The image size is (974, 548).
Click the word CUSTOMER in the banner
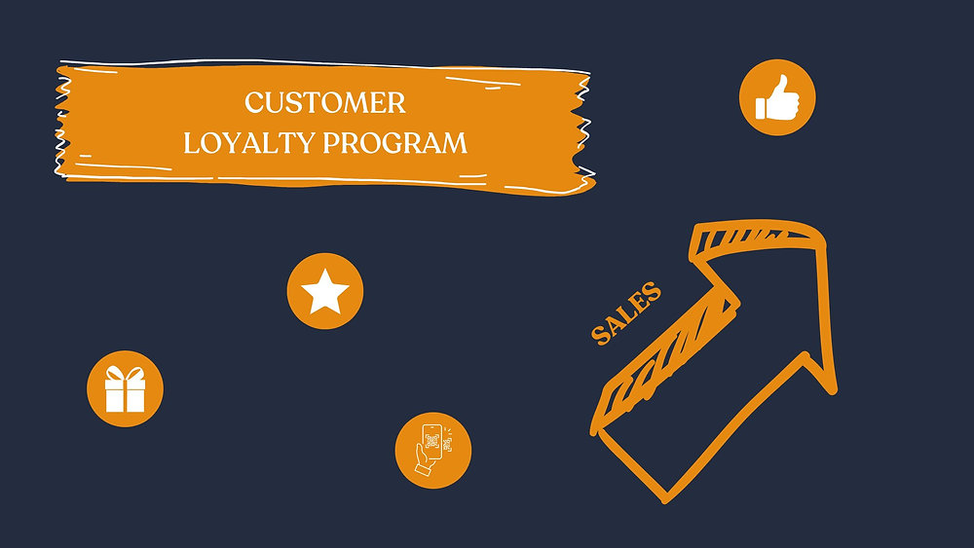(x=325, y=102)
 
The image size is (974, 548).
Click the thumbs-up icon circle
(x=777, y=97)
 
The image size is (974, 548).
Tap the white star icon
(x=325, y=291)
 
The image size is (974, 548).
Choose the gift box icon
(x=126, y=389)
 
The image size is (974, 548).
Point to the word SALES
(x=626, y=313)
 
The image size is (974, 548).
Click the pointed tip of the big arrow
(x=823, y=234)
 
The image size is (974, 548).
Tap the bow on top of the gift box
(x=126, y=374)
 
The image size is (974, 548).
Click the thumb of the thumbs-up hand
(x=780, y=84)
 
